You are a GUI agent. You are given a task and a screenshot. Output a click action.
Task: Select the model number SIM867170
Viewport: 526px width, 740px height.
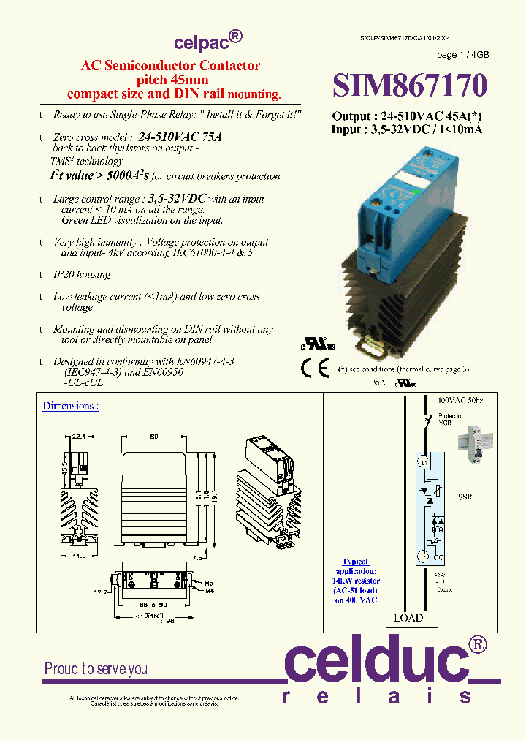pos(409,86)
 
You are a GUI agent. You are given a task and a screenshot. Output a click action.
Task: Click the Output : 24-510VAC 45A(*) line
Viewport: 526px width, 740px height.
pos(407,116)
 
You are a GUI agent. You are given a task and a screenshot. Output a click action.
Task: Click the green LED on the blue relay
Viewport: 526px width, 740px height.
pos(416,192)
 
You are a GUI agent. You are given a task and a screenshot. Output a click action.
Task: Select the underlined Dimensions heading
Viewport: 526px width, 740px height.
pos(70,406)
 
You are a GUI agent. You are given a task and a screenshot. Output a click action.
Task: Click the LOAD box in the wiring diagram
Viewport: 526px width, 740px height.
pos(408,618)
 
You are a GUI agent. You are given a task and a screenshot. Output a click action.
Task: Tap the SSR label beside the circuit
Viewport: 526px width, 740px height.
pos(465,497)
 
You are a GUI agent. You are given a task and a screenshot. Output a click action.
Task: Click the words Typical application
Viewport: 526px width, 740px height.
pos(356,566)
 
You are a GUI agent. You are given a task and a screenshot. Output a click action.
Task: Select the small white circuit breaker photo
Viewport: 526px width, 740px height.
pos(474,448)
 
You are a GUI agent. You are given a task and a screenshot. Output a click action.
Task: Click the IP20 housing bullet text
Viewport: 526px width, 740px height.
pos(81,275)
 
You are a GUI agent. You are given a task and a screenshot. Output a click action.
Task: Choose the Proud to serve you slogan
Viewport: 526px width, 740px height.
pos(96,668)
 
